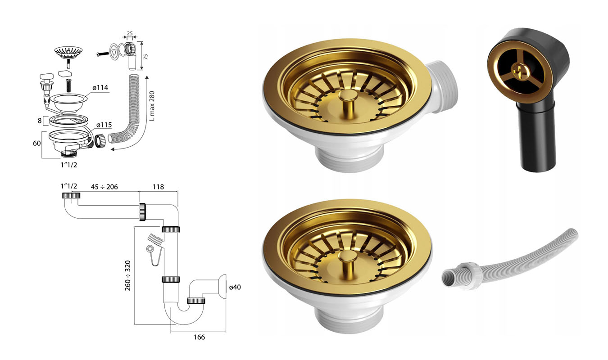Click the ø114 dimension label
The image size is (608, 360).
[100, 88]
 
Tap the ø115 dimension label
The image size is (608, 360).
[104, 125]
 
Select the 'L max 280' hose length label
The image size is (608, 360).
[152, 106]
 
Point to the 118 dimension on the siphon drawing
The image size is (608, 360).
[158, 187]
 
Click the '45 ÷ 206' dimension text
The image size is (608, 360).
[104, 187]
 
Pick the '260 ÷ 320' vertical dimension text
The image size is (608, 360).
[127, 276]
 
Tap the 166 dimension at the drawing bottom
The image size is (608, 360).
[199, 337]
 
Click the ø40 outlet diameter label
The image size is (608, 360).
[235, 287]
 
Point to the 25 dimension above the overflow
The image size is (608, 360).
[130, 33]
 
